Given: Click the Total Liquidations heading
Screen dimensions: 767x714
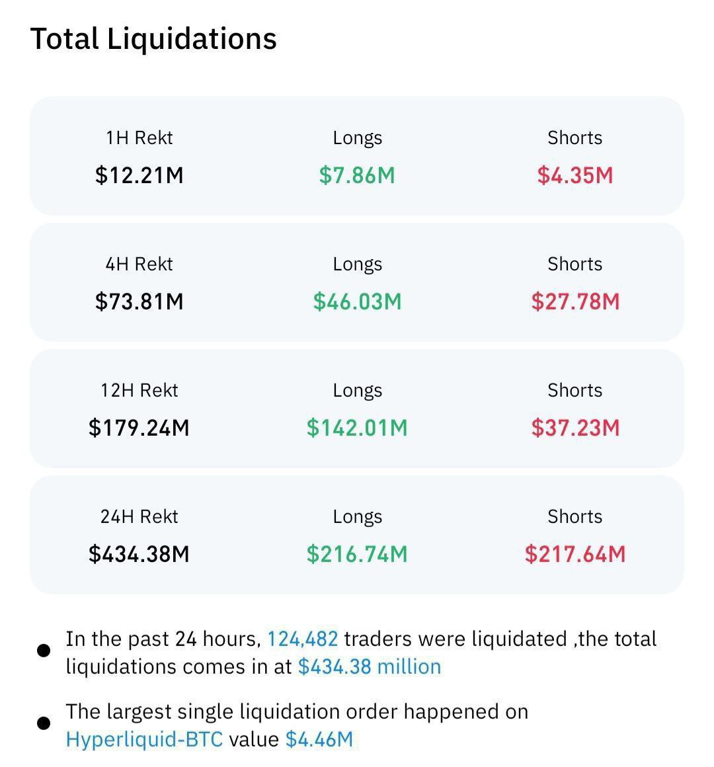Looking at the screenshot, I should [x=153, y=38].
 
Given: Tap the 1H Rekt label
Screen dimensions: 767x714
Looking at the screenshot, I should [x=139, y=138].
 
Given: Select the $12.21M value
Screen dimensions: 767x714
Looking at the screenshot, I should [x=139, y=175].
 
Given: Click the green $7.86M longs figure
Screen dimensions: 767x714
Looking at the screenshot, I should [x=357, y=175].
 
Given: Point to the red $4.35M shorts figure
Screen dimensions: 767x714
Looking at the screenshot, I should [x=575, y=175].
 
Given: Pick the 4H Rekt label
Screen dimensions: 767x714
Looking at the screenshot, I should [x=139, y=264].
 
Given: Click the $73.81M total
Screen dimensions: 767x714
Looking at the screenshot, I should [x=139, y=302].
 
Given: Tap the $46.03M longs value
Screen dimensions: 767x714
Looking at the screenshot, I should [x=357, y=302].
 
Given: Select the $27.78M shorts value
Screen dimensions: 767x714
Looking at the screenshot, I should [x=575, y=302].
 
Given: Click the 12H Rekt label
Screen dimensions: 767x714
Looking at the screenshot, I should [x=139, y=390].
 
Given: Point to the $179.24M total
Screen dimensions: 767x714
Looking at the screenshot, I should [x=139, y=428].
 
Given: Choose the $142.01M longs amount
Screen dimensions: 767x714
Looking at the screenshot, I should [x=357, y=428].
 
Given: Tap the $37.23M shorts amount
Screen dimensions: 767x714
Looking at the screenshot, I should [x=575, y=428].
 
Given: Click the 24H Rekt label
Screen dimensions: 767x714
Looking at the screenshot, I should [x=139, y=516].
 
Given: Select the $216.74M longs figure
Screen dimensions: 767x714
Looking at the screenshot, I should [x=357, y=554].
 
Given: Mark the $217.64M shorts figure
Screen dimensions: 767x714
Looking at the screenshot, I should [x=575, y=554].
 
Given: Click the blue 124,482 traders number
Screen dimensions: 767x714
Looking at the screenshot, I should [x=302, y=639].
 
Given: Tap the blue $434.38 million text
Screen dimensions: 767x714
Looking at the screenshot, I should [x=370, y=666].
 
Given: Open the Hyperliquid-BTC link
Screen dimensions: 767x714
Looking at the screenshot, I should [x=144, y=739].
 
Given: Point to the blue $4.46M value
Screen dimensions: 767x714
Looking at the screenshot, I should [x=319, y=739].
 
